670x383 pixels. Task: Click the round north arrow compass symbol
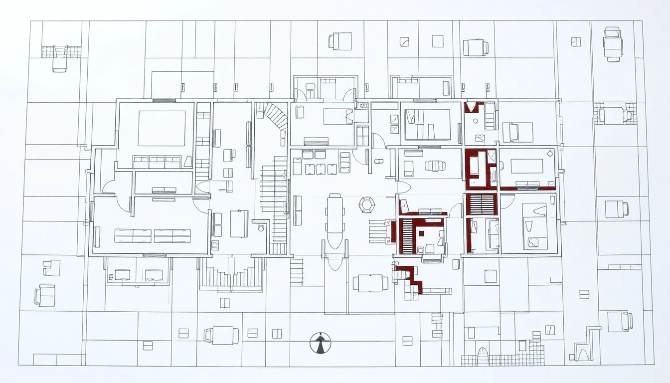[320, 343]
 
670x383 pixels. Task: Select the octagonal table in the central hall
[367, 204]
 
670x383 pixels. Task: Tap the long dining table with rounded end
[335, 221]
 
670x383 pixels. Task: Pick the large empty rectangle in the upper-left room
[162, 128]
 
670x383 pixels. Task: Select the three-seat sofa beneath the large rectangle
[157, 162]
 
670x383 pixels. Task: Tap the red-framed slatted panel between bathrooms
[481, 204]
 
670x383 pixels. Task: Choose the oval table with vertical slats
[435, 166]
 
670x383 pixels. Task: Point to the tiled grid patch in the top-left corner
[60, 51]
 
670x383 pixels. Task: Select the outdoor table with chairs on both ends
[370, 283]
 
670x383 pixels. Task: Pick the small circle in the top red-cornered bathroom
[476, 121]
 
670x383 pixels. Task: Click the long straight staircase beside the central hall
[274, 199]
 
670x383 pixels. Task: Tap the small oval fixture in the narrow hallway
[378, 161]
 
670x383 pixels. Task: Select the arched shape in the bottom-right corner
[582, 354]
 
